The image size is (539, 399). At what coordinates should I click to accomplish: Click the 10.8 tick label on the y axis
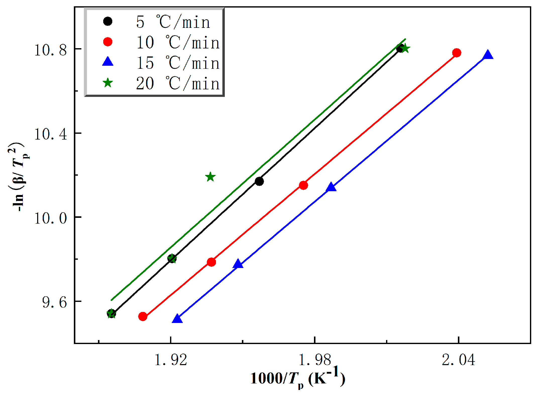click(50, 50)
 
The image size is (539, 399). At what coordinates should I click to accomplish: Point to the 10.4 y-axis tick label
click(50, 134)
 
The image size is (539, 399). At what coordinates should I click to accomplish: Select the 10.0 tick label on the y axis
click(50, 218)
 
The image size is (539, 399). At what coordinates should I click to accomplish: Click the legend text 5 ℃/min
click(173, 22)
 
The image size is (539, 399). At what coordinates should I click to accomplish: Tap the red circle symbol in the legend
click(108, 42)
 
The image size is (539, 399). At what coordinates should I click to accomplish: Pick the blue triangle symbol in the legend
click(108, 62)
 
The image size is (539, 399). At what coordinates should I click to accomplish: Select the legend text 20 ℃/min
click(178, 83)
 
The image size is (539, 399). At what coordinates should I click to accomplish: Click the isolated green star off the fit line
click(210, 177)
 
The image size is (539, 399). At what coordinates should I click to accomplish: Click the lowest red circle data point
click(143, 316)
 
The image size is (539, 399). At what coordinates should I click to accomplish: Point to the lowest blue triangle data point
click(177, 319)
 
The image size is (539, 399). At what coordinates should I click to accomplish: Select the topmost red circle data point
click(457, 53)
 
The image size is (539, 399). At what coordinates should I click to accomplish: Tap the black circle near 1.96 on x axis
click(259, 181)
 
